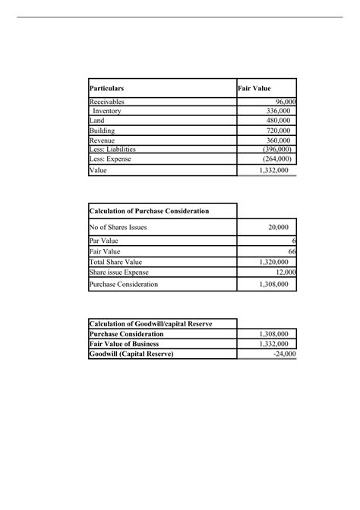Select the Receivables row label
click(107, 102)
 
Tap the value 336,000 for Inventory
click(274, 111)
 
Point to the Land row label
click(97, 121)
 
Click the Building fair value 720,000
click(274, 131)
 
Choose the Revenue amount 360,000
click(274, 140)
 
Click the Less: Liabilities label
click(115, 150)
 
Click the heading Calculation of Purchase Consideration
click(149, 210)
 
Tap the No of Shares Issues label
click(118, 226)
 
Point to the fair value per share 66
click(291, 251)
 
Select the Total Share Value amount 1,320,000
click(273, 262)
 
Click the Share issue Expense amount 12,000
click(285, 272)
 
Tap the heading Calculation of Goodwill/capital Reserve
click(150, 324)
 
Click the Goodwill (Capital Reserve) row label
click(131, 354)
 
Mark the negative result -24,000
click(285, 354)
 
